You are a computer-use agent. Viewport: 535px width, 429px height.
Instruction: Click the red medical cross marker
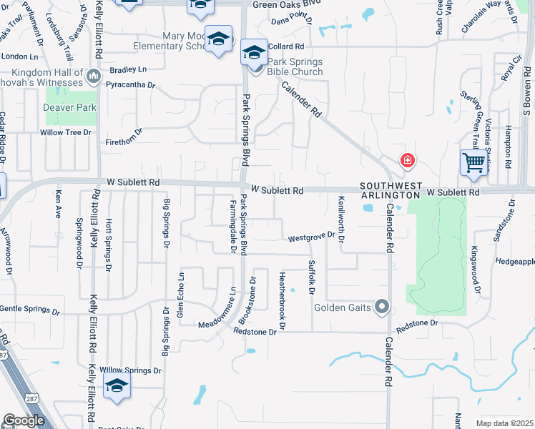tap(407, 160)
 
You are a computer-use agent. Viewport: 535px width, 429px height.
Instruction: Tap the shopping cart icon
tap(473, 163)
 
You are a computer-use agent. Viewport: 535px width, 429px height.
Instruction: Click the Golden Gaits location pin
tap(382, 307)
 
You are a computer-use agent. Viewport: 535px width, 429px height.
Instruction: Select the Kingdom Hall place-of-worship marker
tap(93, 76)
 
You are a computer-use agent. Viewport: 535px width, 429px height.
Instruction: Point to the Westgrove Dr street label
tap(311, 238)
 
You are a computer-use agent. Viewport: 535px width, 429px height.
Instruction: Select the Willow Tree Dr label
tap(66, 132)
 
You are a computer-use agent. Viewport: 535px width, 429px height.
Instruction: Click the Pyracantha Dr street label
tap(130, 84)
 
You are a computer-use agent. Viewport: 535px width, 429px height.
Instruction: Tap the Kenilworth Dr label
tap(341, 212)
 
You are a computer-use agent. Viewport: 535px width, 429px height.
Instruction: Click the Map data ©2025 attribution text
tap(504, 423)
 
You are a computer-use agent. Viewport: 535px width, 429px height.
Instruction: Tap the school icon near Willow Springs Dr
tap(117, 386)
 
